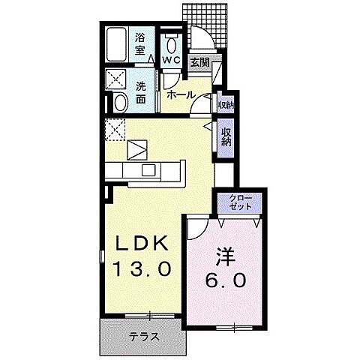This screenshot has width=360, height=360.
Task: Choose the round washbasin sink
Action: tap(119, 102)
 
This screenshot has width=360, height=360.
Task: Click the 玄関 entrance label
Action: tap(199, 63)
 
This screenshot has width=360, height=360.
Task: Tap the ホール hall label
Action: tap(181, 94)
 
